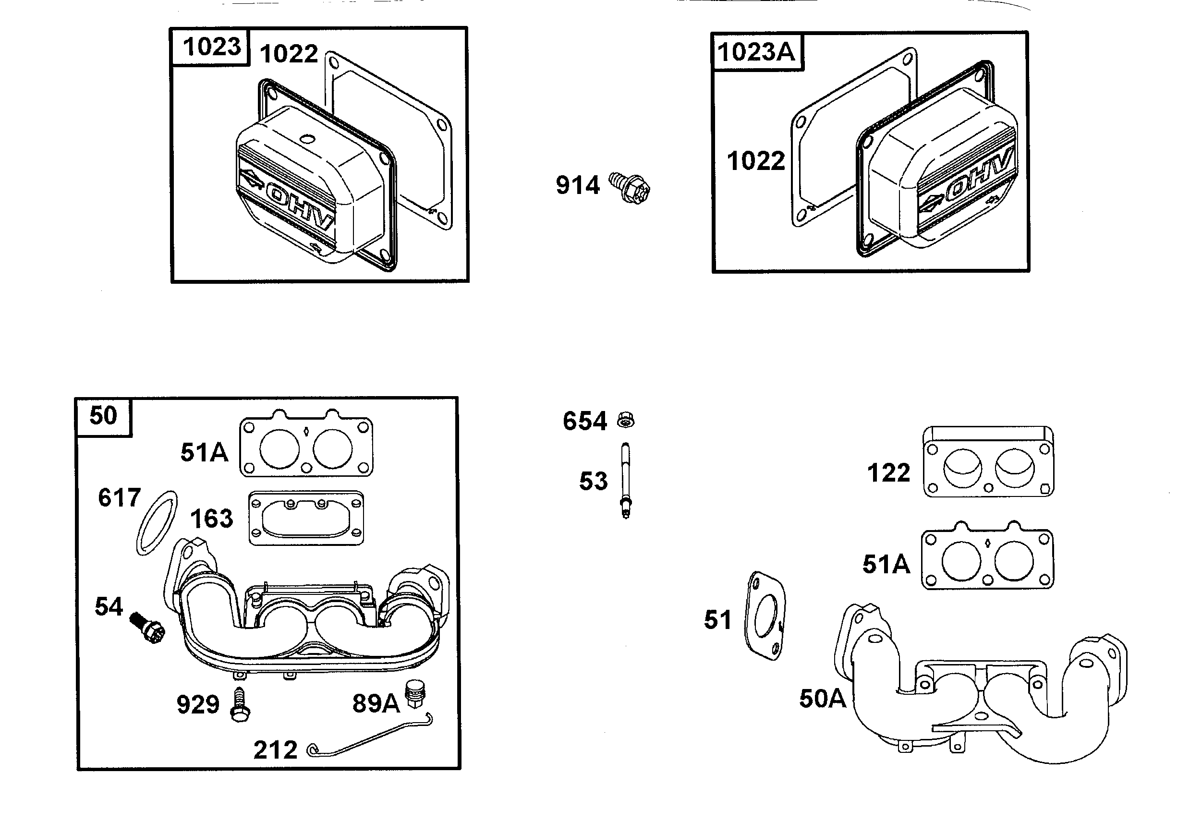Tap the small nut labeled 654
(x=626, y=419)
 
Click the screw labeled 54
(x=148, y=628)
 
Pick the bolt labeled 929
(x=240, y=705)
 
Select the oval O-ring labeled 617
(x=157, y=523)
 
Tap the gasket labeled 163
(x=306, y=518)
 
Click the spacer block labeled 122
(x=988, y=462)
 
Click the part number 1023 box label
(x=212, y=47)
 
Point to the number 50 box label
(x=103, y=416)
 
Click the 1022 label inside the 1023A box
(x=756, y=161)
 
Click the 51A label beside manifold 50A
(x=886, y=565)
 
